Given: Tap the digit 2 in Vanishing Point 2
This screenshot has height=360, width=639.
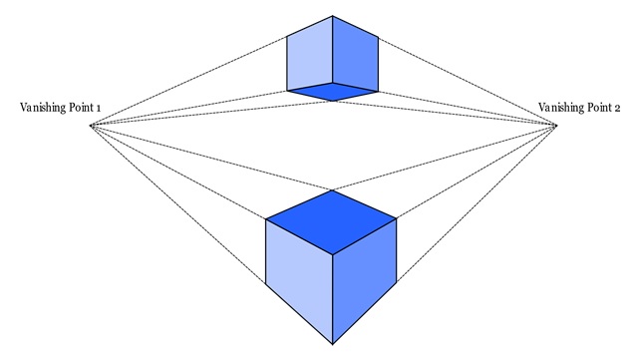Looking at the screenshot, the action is click(x=617, y=107).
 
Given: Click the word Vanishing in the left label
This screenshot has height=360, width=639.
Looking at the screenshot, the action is click(x=42, y=107).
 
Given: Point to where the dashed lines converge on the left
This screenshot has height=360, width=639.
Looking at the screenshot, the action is click(x=90, y=125).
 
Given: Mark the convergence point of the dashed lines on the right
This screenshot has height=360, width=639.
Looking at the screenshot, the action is click(x=557, y=125).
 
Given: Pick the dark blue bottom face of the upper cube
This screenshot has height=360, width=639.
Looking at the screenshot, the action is click(x=332, y=92).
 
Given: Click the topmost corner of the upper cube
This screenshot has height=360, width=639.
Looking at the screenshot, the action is click(x=332, y=16).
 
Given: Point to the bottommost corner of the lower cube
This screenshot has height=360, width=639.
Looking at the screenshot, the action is click(x=332, y=343).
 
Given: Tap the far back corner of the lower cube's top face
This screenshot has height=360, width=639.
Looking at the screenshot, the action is click(x=332, y=187).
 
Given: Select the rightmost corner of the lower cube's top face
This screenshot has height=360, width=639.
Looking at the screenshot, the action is click(x=397, y=217).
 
